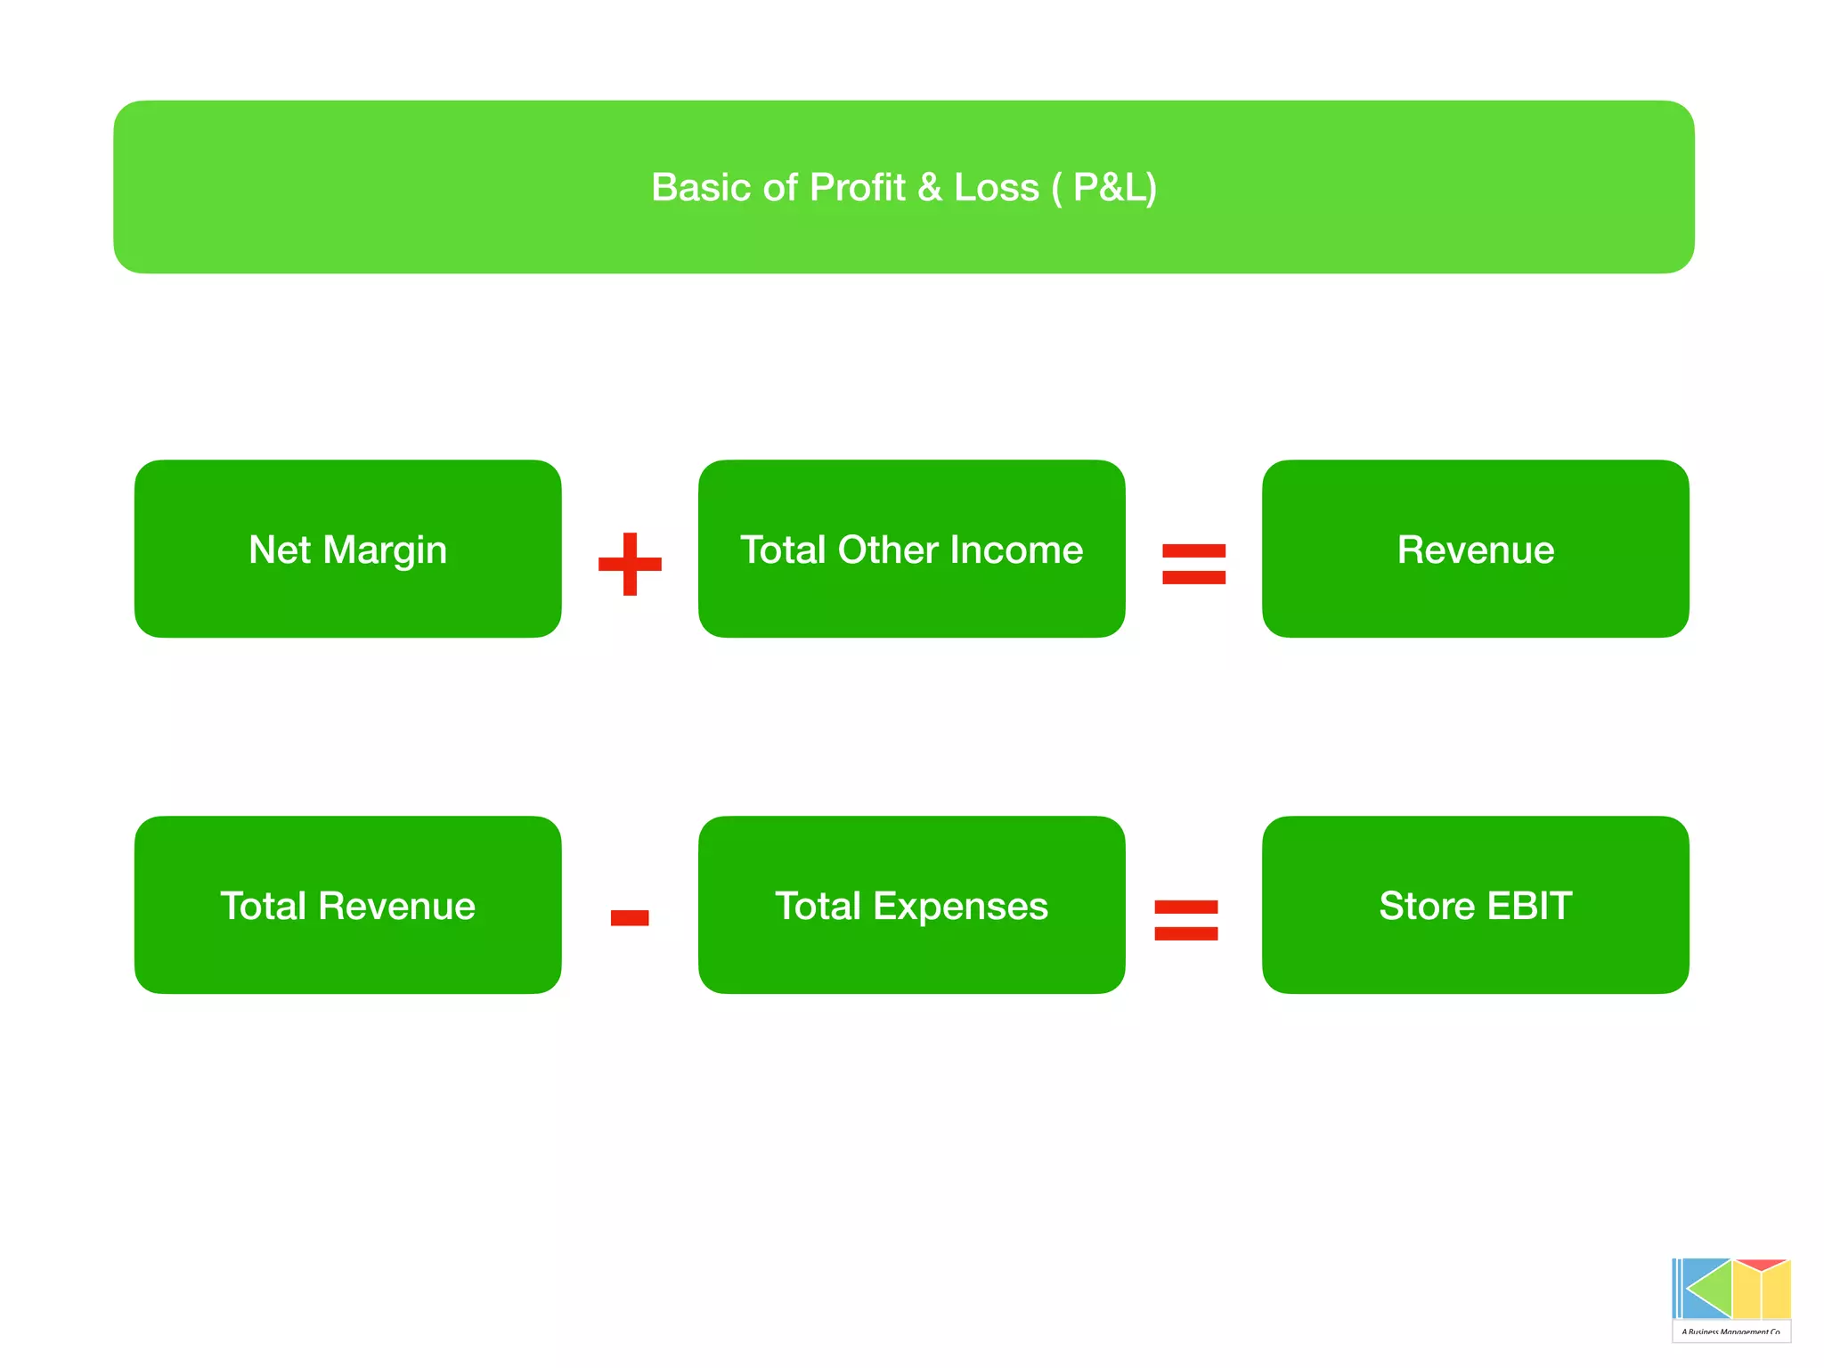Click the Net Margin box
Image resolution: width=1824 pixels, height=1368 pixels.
[347, 549]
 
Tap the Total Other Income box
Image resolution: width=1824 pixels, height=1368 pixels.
[911, 549]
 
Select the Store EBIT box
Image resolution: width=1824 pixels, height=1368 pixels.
[1475, 905]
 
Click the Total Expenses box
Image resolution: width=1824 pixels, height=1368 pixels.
[911, 905]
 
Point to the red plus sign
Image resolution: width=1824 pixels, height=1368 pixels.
[630, 564]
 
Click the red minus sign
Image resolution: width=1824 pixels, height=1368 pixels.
[630, 917]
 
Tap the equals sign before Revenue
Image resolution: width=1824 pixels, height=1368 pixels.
[1193, 564]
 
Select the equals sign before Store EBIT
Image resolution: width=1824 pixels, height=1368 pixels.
[1185, 920]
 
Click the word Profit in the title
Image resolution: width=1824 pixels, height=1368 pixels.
[857, 187]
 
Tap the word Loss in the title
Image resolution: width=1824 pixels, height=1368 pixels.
[996, 187]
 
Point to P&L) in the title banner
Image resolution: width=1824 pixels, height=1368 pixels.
[1114, 187]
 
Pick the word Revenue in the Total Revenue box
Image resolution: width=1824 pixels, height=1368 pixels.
[396, 906]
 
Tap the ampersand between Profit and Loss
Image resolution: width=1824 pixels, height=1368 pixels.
[929, 187]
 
